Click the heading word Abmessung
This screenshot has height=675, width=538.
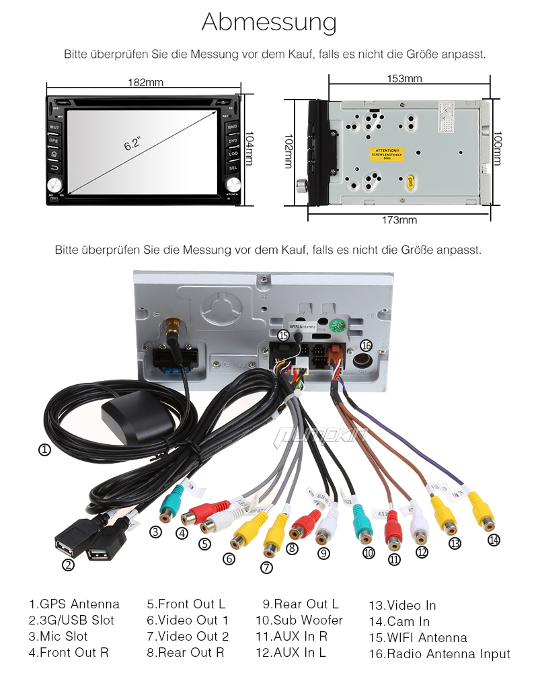(x=269, y=22)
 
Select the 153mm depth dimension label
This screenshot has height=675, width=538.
(x=404, y=79)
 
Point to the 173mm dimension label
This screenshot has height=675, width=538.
(x=399, y=220)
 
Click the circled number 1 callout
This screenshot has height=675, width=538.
(x=44, y=450)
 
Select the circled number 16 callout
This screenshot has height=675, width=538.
(x=366, y=345)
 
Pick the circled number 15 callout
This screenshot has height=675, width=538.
(x=283, y=334)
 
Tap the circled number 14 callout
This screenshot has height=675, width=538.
(x=494, y=539)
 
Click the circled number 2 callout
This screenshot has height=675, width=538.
(x=68, y=565)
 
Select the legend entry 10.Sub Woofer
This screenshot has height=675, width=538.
(x=299, y=620)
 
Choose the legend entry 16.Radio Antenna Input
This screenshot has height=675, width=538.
(x=439, y=653)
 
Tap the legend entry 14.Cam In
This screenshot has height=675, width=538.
(x=399, y=621)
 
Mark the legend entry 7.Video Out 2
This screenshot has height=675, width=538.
(x=188, y=636)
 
